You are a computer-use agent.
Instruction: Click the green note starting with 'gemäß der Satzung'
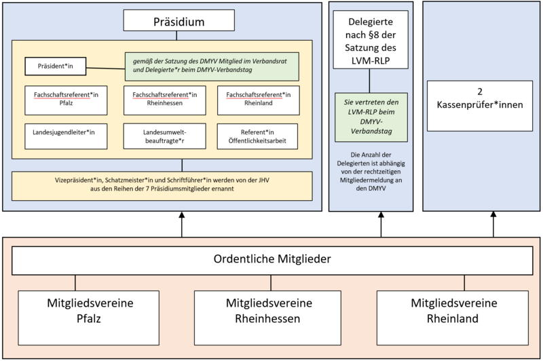click(x=212, y=66)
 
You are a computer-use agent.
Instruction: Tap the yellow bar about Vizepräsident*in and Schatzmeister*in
click(x=162, y=186)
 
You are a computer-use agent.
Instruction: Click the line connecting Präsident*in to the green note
click(x=109, y=68)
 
